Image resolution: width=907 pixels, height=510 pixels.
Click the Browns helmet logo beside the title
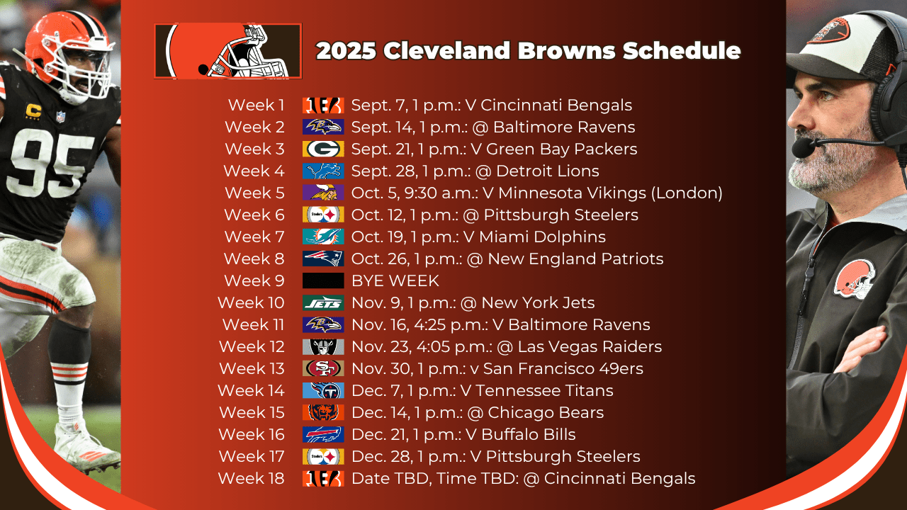(227, 51)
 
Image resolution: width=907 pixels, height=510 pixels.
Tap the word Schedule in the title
(682, 50)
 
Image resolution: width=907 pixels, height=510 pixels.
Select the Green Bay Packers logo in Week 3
(323, 149)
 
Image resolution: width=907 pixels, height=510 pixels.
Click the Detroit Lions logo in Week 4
(323, 171)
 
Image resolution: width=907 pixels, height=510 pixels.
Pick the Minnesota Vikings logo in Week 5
(323, 193)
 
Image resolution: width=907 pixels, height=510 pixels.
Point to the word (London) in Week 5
(687, 193)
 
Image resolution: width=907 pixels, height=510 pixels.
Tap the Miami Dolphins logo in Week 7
(323, 237)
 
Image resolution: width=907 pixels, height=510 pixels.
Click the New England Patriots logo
(323, 259)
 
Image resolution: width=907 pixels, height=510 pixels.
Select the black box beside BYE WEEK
(323, 280)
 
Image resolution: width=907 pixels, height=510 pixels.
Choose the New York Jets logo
(323, 302)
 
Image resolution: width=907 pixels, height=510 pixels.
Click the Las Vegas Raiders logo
(323, 346)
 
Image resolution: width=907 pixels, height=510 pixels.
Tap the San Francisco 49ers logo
(323, 368)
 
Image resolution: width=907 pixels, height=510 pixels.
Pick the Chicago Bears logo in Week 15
(323, 412)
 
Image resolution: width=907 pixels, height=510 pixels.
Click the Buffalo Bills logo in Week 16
(323, 434)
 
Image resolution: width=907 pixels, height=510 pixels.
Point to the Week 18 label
(251, 478)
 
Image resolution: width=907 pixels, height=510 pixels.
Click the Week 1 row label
(256, 106)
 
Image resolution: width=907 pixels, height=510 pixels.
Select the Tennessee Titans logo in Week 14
(323, 390)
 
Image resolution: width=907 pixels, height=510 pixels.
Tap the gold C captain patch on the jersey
(33, 111)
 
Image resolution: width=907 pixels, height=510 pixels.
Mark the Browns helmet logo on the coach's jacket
(855, 279)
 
